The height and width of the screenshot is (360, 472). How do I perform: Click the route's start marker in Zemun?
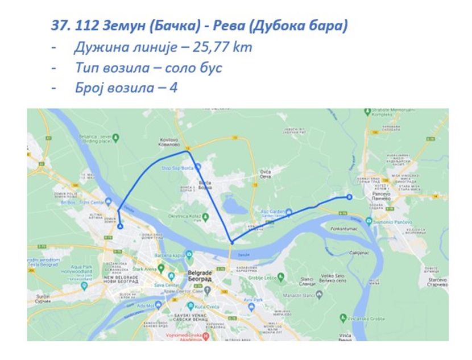pos(121,226)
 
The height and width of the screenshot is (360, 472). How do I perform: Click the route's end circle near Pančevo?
pos(349,197)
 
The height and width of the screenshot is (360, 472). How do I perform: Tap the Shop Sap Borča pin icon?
pos(198,167)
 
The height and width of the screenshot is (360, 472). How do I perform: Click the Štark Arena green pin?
pos(162,267)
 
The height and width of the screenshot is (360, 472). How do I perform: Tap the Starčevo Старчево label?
pos(436,281)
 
